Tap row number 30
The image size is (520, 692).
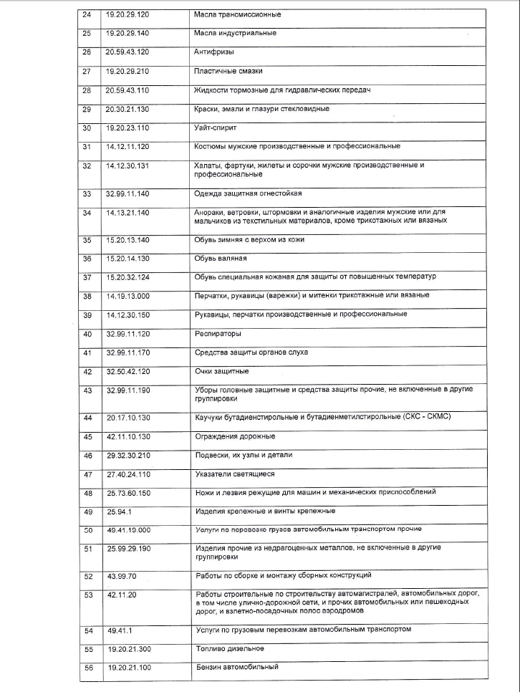pos(87,128)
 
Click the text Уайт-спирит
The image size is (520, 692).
pos(215,128)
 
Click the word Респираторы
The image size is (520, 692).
pos(217,334)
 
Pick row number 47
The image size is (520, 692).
pos(88,474)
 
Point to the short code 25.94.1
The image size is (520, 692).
pos(120,511)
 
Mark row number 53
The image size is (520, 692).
pos(89,595)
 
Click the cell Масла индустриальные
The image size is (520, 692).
pos(235,33)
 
